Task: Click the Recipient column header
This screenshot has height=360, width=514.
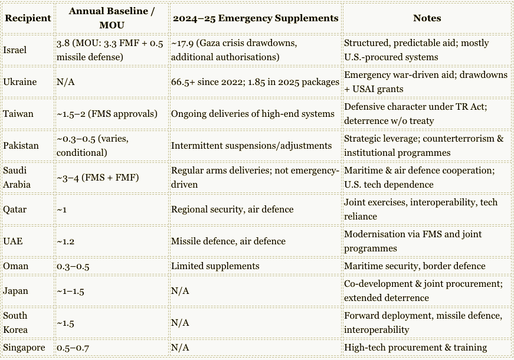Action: [x=28, y=18]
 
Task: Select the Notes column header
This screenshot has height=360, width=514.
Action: [x=427, y=18]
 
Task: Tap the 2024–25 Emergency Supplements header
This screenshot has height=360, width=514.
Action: [x=256, y=18]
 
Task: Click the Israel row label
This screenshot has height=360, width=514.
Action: [x=15, y=50]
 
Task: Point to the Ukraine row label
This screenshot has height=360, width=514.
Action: [x=19, y=82]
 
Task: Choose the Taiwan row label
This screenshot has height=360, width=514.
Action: [x=18, y=114]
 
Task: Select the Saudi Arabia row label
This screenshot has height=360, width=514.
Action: [x=16, y=177]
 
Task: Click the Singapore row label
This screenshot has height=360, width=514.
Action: [x=24, y=348]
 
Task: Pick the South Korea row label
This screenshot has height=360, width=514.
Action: [x=15, y=323]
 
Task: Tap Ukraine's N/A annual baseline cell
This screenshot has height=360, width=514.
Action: [x=66, y=82]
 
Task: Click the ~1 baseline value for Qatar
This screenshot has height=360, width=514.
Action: [x=61, y=210]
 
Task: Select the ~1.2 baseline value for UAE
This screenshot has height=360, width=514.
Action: [x=66, y=241]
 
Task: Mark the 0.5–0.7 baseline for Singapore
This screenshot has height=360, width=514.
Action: [x=73, y=348]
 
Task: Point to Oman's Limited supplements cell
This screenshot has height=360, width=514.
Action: [x=215, y=266]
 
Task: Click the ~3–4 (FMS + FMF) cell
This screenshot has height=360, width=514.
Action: [x=98, y=177]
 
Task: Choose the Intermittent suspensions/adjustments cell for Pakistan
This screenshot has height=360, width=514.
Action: [x=251, y=146]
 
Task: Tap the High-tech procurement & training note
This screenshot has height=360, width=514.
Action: [x=415, y=348]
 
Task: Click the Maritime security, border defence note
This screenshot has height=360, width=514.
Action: [x=415, y=266]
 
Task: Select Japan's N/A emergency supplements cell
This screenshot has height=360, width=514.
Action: [x=180, y=291]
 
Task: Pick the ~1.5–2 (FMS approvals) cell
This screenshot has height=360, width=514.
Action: [x=107, y=114]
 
